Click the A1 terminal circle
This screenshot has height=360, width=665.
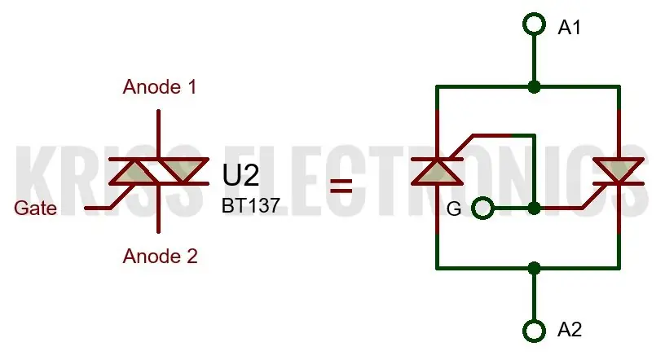coord(534,13)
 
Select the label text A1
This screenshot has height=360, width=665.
coord(569,28)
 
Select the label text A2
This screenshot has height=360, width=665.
coord(569,330)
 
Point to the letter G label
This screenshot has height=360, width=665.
coord(454,209)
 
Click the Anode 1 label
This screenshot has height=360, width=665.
coord(160,87)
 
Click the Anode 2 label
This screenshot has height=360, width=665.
coord(160,256)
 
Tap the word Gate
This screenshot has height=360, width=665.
coord(35,209)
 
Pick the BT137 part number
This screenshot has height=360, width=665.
coord(251,205)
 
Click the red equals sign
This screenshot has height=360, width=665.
coord(341,186)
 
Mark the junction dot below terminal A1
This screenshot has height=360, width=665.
coord(534,87)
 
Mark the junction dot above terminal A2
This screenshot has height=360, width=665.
coord(534,268)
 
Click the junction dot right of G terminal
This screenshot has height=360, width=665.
coord(534,209)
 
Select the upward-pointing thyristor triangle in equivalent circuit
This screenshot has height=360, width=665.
coord(438,173)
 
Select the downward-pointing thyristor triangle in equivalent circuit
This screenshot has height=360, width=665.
coord(619,171)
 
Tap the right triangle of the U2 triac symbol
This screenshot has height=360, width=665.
coord(183,171)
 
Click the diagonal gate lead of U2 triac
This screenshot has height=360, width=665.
coord(123,196)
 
